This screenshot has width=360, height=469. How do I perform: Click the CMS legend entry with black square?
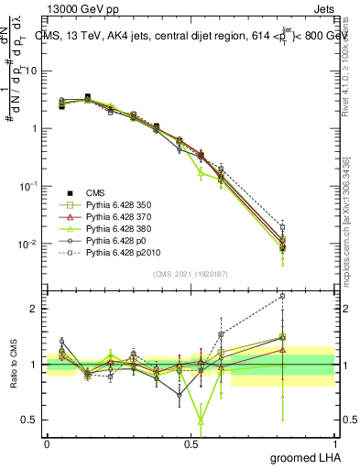(96, 193)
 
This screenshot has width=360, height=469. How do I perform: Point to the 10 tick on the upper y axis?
(30, 71)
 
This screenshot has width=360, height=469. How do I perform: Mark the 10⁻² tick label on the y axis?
(27, 244)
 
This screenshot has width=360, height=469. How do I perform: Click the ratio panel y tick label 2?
(33, 309)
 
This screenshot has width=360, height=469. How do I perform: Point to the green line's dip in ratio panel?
(200, 421)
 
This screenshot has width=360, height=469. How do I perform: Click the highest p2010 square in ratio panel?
(282, 296)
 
